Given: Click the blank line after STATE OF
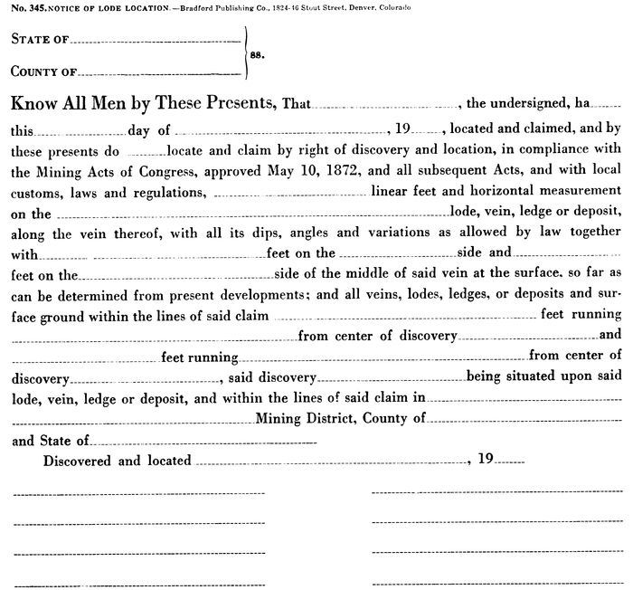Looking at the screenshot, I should (155, 42).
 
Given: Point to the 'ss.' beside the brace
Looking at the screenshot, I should (257, 54).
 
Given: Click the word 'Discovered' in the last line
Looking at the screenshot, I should (79, 461).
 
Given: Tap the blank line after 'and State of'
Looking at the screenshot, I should (204, 442).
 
